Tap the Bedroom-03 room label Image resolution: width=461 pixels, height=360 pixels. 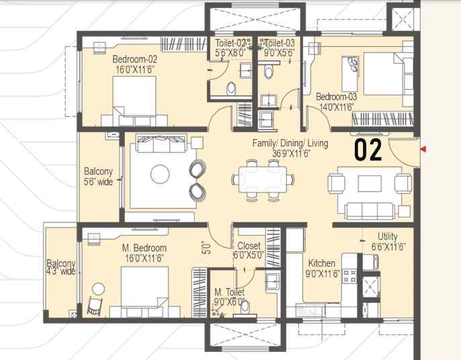pyautogui.click(x=336, y=96)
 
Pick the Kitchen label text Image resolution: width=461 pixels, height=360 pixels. pyautogui.click(x=322, y=263)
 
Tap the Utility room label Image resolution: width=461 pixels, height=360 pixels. pyautogui.click(x=388, y=236)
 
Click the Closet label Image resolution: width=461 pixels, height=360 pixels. pyautogui.click(x=247, y=246)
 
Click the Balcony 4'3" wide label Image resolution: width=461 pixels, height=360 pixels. pyautogui.click(x=61, y=267)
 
